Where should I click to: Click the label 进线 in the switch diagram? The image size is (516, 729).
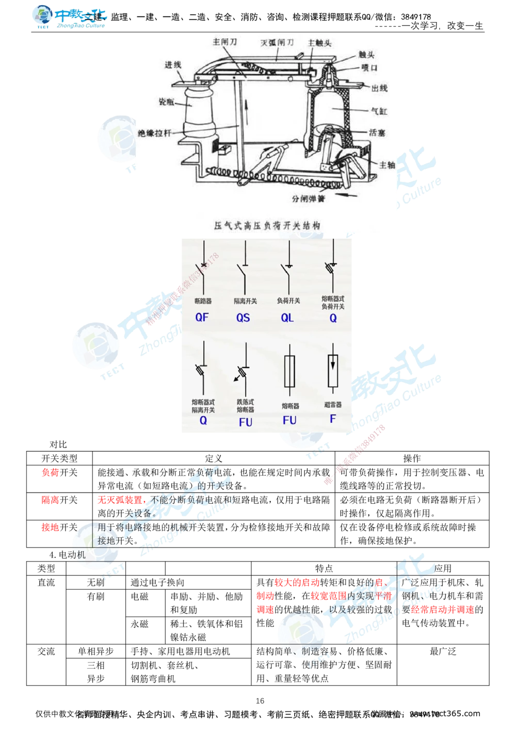click(x=173, y=64)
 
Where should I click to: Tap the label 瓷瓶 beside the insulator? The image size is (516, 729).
click(x=166, y=102)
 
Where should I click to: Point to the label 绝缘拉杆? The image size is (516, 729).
click(x=154, y=132)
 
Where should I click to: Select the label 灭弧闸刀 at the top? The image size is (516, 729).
click(x=277, y=42)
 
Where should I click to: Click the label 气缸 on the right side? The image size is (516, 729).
click(x=379, y=111)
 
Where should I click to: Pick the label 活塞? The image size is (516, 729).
click(x=377, y=132)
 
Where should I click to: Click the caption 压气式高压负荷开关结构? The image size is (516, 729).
click(x=267, y=225)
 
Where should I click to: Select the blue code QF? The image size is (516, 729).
click(x=202, y=317)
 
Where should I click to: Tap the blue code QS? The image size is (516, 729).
click(x=243, y=318)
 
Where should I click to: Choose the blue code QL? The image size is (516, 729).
click(x=287, y=318)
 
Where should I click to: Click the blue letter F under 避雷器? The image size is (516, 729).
click(x=333, y=419)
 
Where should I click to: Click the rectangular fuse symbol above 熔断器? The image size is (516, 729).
click(x=290, y=371)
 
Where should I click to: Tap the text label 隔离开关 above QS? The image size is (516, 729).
click(x=245, y=301)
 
